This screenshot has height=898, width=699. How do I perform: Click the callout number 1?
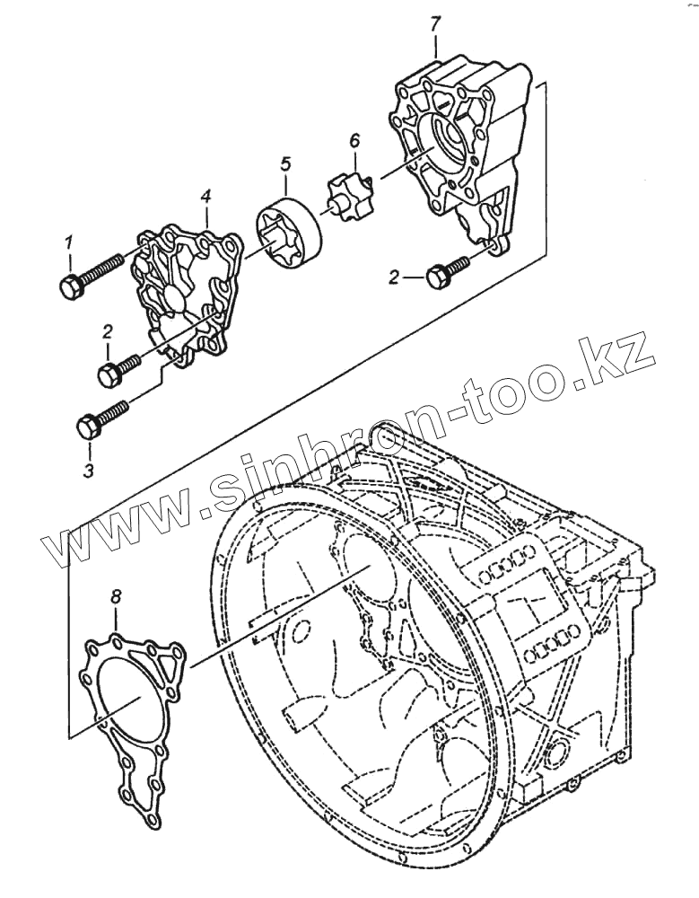[66, 243]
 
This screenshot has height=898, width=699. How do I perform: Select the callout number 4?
[205, 195]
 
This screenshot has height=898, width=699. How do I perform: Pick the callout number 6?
[354, 140]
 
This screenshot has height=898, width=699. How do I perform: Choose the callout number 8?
[116, 596]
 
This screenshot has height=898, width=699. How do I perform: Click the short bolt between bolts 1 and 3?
[117, 368]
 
